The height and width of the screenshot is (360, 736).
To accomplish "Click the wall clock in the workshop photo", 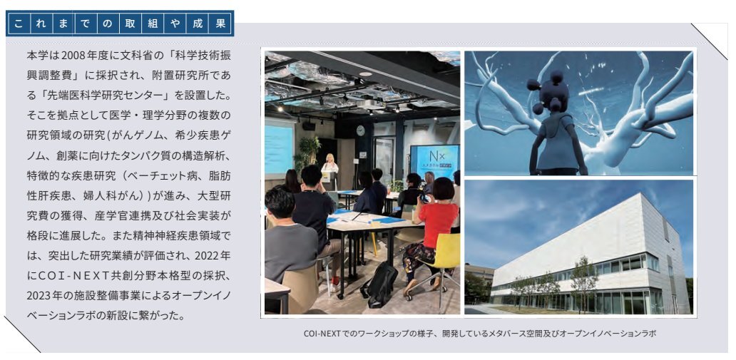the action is (x=360, y=130).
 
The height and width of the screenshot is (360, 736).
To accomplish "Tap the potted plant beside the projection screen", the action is (x=307, y=155).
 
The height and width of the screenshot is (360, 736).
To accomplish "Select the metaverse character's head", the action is (x=550, y=92).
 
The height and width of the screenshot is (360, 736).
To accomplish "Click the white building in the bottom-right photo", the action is (x=591, y=258).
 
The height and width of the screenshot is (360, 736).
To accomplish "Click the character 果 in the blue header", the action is (x=221, y=24).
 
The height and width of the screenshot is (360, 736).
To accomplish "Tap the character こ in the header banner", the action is (x=19, y=24).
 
